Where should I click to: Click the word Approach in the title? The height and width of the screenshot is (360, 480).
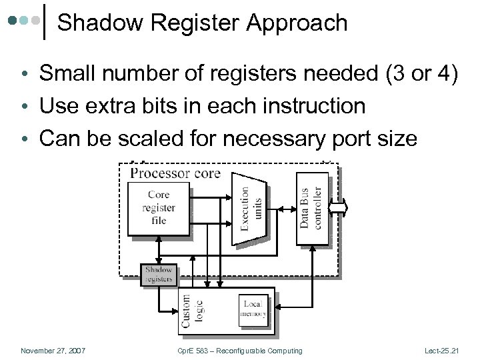tap(297, 24)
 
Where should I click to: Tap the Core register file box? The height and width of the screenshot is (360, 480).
tap(159, 208)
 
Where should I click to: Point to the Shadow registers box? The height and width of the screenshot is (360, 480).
tap(159, 275)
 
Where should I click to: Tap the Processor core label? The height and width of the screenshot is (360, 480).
tap(175, 173)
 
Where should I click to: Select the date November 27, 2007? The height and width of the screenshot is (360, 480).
tap(53, 351)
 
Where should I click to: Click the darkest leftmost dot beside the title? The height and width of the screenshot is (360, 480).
tap(13, 21)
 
